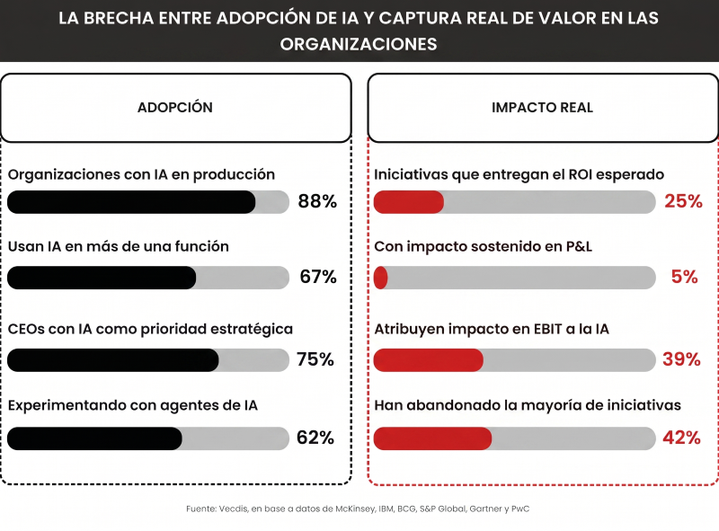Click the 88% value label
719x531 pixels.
(317, 201)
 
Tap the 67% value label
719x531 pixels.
(317, 277)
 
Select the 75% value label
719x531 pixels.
(315, 359)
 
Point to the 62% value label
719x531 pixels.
(315, 438)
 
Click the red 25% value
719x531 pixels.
(683, 201)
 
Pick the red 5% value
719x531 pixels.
(685, 277)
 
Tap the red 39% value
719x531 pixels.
(682, 359)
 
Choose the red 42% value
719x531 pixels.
(682, 438)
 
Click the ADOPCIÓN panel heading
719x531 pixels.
(175, 107)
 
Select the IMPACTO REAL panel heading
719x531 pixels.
(542, 107)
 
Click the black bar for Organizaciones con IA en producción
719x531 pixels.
(131, 202)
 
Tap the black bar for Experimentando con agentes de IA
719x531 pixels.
(94, 438)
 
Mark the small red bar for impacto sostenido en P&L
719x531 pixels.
(380, 278)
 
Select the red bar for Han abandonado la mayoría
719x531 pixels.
(432, 438)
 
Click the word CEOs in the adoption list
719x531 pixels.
(27, 329)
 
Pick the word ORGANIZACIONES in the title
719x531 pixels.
(359, 44)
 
